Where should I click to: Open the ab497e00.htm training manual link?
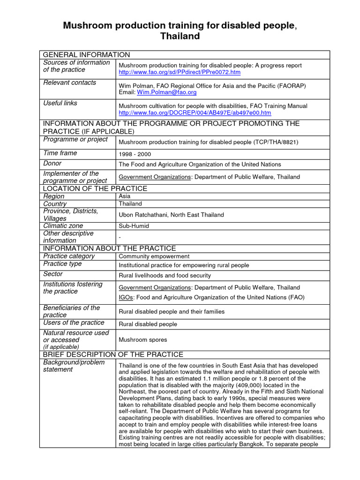coord(195,113)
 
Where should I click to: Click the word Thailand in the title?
coord(180,36)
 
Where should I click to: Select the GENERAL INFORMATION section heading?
coord(87,55)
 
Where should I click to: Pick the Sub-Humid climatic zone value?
coord(134,226)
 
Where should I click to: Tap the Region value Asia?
coord(125,196)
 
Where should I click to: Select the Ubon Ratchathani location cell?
coord(171,215)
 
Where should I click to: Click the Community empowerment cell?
coord(154,256)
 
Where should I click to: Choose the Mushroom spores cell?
coord(142,339)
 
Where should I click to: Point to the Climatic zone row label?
coord(63,225)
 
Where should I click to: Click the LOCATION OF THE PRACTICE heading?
coord(95,188)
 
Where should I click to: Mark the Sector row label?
coord(53,274)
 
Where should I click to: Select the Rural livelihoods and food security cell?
coord(165,276)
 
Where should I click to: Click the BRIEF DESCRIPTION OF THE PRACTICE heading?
coord(113,354)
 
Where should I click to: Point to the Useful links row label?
coord(60,103)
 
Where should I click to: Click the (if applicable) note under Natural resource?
coord(61,347)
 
